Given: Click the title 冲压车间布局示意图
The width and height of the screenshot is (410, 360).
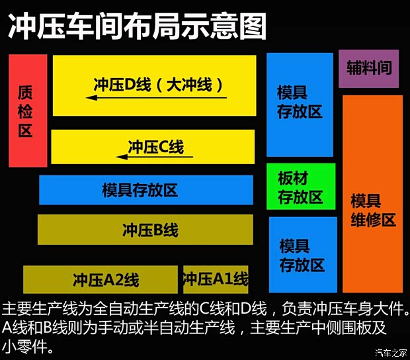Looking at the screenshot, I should coord(136,28).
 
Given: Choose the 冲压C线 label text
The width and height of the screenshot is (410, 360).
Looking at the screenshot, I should coord(156,146).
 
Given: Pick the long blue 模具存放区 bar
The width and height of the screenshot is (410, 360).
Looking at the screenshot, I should coord(145,190).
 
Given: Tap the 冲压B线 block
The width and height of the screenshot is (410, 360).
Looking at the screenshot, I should coord(145,230).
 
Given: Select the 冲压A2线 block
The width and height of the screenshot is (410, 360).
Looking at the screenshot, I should coord(101,279).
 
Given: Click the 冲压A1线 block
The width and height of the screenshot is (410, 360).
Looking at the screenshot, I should coord(216,279).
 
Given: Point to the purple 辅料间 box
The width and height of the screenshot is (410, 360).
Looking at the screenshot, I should coord(368,68).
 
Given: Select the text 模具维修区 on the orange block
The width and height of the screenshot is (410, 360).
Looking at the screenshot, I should coord(372,210).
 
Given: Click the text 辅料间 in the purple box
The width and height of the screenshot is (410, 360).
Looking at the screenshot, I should coord(368,68).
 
